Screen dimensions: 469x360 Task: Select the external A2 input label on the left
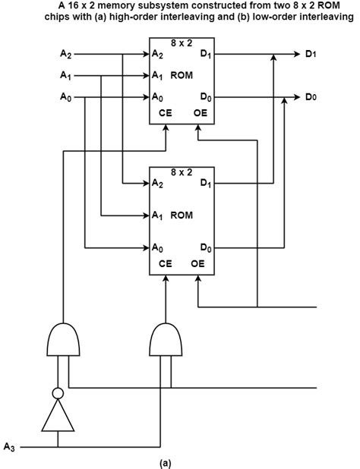(66, 54)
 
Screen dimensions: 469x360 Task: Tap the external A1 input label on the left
(66, 75)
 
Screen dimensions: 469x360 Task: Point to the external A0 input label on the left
(66, 96)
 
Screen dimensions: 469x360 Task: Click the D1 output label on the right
(311, 54)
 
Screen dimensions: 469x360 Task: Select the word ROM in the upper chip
(182, 75)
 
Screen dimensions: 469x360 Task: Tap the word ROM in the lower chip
(182, 216)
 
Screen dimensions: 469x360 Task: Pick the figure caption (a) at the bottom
(181, 461)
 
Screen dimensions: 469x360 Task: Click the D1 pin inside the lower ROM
(206, 184)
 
